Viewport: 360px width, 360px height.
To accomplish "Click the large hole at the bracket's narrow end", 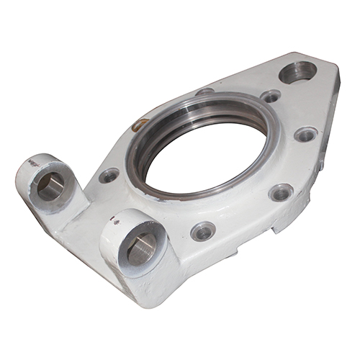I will pos(297,72).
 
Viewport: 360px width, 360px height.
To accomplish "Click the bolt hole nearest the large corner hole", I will pos(271,96).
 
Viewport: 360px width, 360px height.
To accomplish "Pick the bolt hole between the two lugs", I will pos(109,175).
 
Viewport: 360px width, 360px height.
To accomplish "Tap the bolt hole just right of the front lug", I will pos(203,231).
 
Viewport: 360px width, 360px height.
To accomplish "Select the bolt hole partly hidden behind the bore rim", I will pos(205,91).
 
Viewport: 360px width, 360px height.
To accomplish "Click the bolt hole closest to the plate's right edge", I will pos(305,134).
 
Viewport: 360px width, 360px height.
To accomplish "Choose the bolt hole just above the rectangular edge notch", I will pos(280,192).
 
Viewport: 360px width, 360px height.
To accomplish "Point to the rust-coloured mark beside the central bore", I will pos(140,125).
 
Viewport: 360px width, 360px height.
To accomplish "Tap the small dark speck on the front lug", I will pos(115,222).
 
